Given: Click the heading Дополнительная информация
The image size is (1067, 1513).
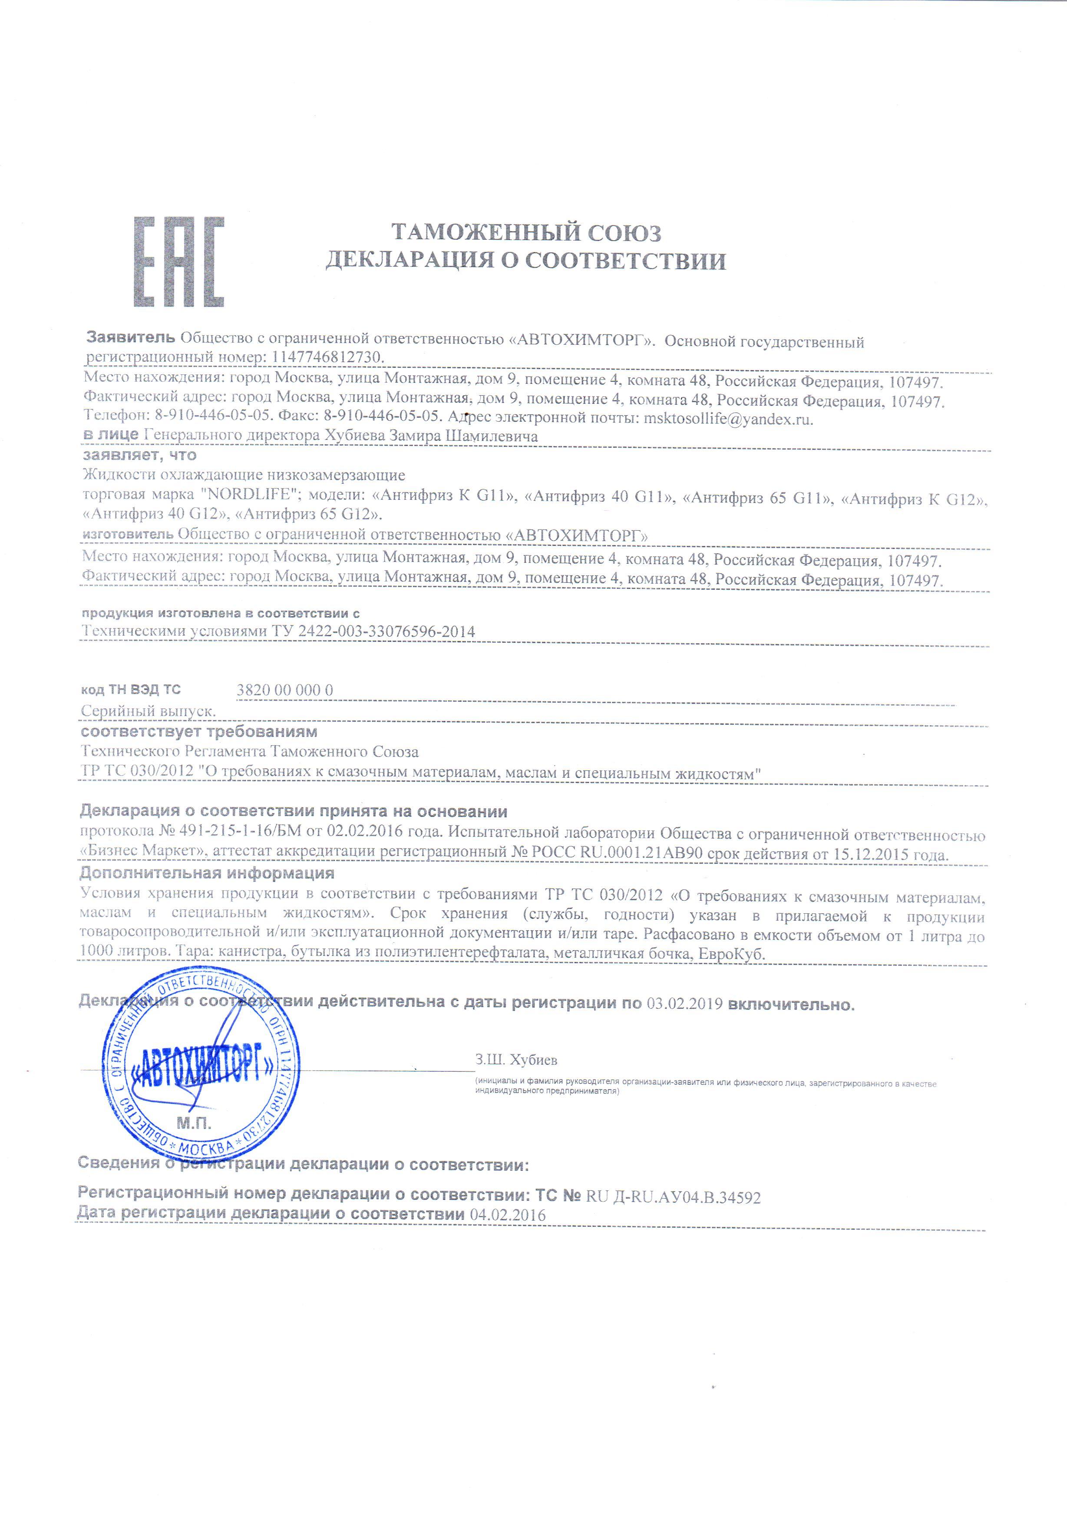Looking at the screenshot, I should tap(207, 873).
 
